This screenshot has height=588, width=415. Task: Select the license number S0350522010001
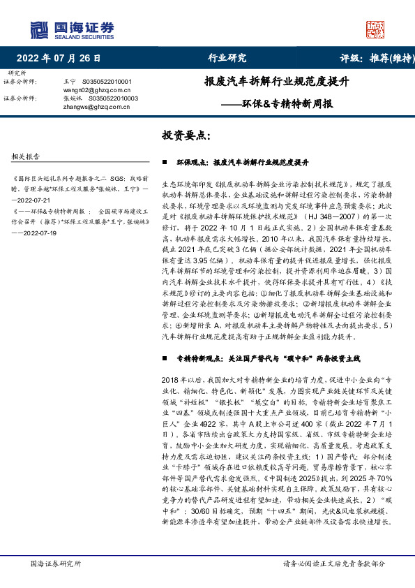tap(112, 82)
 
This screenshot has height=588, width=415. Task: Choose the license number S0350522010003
tap(115, 98)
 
